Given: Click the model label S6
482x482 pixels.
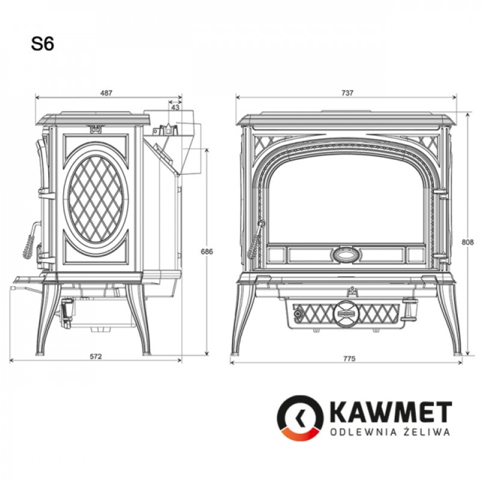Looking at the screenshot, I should [x=43, y=44].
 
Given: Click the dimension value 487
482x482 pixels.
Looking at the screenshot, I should [x=107, y=93].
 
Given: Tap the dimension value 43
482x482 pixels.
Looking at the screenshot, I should [x=175, y=107].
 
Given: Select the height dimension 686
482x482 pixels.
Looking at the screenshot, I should [x=207, y=251].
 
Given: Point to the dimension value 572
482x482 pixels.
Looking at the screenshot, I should [x=96, y=357].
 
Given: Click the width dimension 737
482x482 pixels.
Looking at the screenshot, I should [x=346, y=93].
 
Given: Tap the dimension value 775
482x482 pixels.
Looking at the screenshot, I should [x=349, y=358].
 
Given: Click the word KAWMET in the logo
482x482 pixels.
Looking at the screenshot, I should [x=390, y=413].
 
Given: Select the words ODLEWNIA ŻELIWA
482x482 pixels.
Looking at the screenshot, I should [x=390, y=432].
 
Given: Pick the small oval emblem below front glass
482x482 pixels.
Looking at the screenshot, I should [x=346, y=255].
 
